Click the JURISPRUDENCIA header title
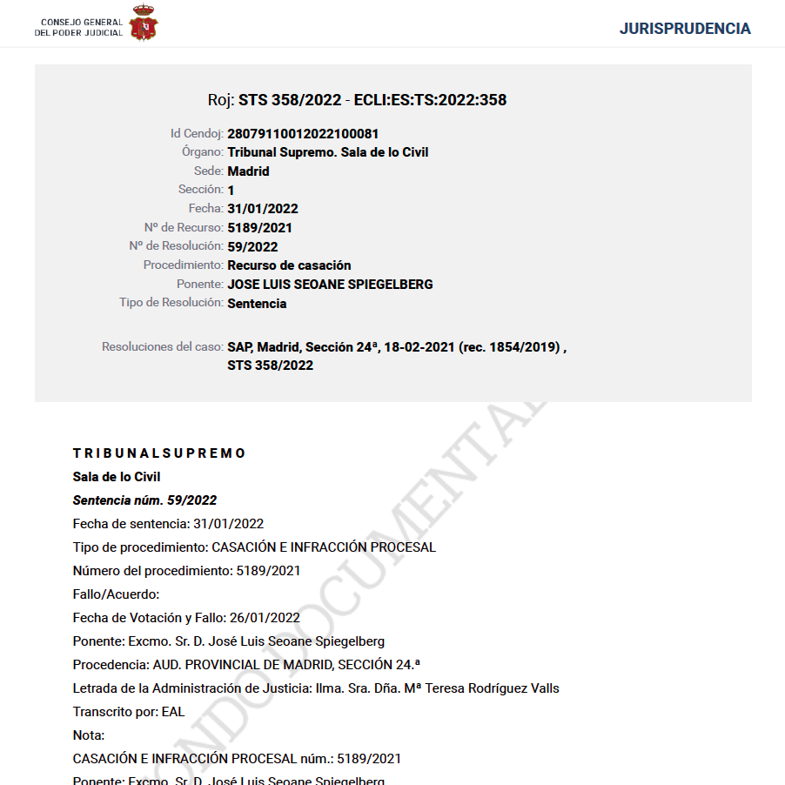pos(684,29)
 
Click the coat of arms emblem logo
pos(144,23)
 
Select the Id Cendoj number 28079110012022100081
pos(303,134)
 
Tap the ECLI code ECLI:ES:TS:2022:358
pos(430,100)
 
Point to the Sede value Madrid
pos(248,171)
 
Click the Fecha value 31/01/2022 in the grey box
pos(263,209)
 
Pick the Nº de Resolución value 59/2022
pos(252,246)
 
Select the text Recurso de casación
pos(289,265)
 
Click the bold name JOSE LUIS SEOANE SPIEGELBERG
pos(330,285)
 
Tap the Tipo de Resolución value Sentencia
pos(257,304)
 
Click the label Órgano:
pos(197,152)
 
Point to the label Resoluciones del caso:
pos(163,347)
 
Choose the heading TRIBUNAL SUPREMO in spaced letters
pos(160,453)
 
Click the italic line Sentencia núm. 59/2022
pos(144,500)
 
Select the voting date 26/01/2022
pos(265,618)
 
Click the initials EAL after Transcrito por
pos(173,712)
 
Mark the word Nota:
pos(89,735)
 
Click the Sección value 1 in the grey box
pos(231,191)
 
